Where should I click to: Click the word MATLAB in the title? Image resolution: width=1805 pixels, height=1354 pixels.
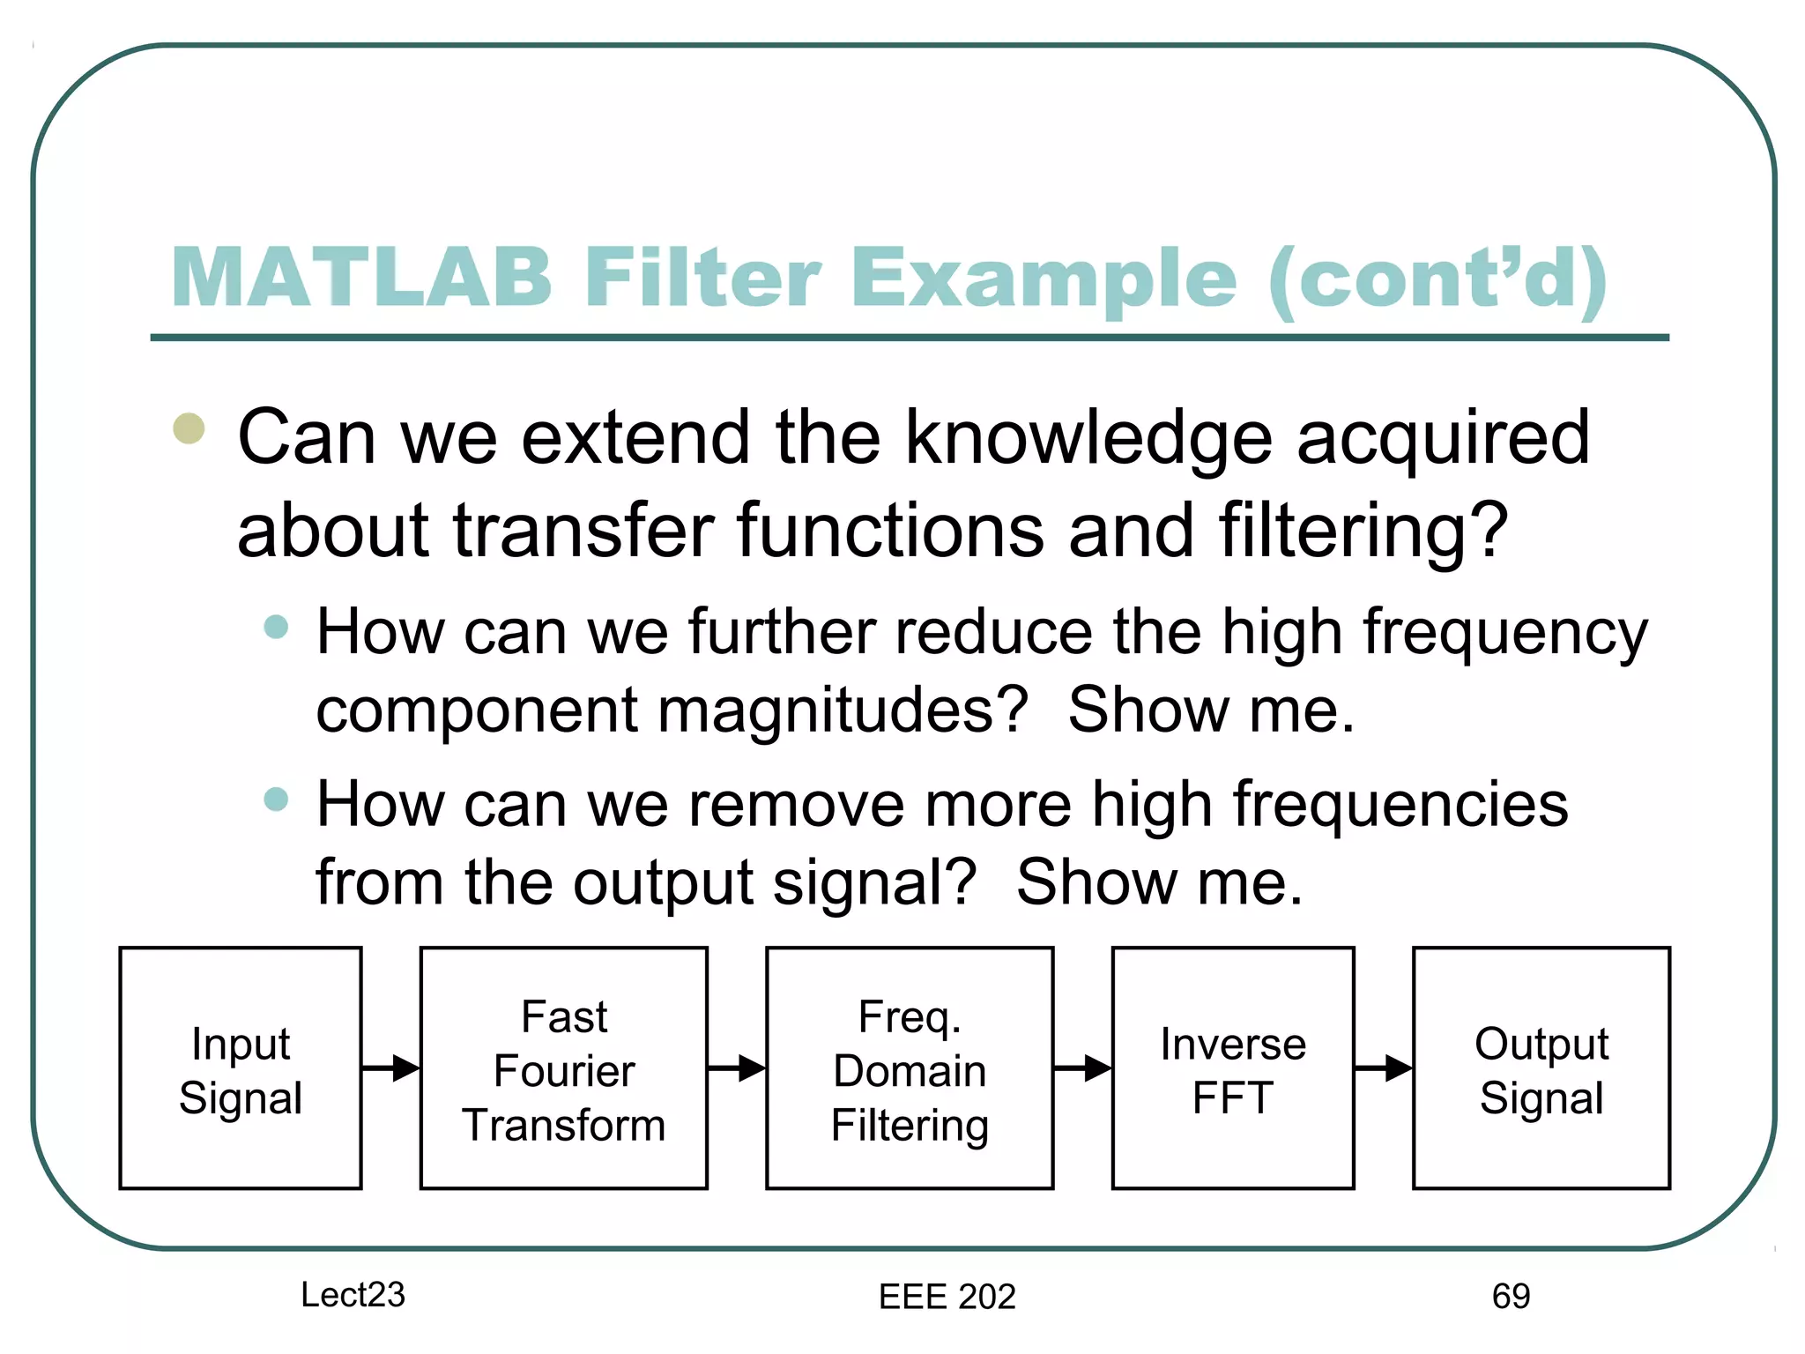click(361, 278)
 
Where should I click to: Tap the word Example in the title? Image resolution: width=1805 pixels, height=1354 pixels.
click(1044, 278)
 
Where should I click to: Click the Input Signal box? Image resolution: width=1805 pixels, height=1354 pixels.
click(241, 1068)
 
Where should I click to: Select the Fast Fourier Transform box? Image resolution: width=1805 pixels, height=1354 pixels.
click(564, 1068)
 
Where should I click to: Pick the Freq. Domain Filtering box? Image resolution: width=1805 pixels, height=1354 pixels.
click(910, 1068)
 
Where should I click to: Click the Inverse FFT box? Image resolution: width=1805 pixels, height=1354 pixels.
click(1233, 1068)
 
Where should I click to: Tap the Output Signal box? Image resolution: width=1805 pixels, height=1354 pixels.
click(1541, 1068)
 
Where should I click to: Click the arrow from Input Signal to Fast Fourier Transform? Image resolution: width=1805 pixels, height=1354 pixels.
click(390, 1068)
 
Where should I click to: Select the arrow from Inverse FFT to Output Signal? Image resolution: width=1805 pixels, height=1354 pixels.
click(1383, 1068)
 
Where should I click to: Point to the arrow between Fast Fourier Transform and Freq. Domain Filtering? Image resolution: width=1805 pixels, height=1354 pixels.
click(737, 1068)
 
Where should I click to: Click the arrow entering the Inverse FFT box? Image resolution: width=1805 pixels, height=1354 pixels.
click(1082, 1068)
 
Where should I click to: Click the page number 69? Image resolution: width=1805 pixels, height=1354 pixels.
click(1511, 1296)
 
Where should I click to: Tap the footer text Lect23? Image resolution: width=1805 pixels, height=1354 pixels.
click(353, 1294)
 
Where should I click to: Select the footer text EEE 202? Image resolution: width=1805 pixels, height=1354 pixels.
click(947, 1296)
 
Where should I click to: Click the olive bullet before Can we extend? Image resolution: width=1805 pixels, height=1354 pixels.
click(189, 428)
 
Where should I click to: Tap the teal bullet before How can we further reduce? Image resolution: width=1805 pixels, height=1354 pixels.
click(276, 627)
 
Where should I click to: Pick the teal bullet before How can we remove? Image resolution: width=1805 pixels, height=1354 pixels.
click(276, 799)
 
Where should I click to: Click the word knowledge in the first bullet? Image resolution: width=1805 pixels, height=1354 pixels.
click(1088, 438)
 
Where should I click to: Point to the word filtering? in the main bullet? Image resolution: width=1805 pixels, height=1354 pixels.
click(1363, 532)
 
